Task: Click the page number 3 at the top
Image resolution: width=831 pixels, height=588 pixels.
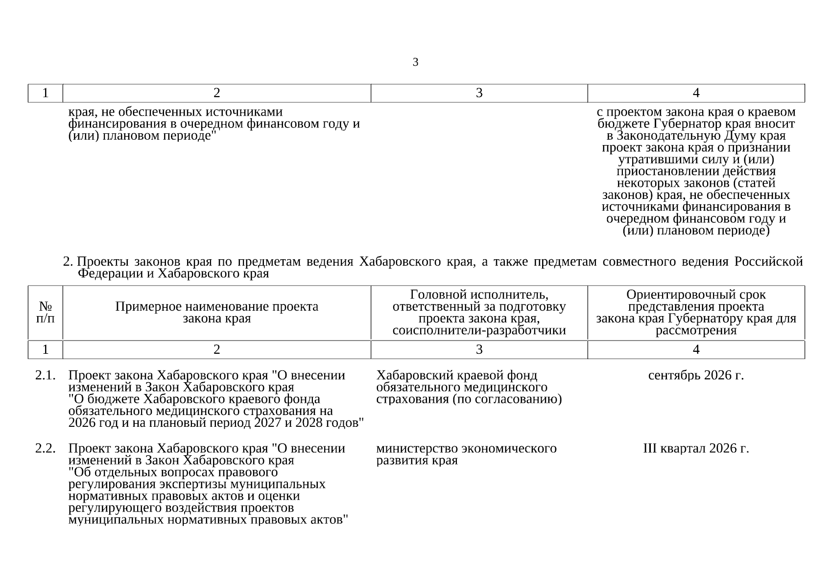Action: (x=415, y=62)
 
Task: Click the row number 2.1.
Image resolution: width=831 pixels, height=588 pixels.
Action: (x=45, y=375)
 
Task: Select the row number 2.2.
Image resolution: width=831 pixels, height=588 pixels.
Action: (x=45, y=448)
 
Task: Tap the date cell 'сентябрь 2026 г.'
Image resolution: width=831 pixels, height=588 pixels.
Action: (x=696, y=375)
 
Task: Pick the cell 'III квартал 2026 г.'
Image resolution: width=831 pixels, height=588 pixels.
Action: (x=696, y=448)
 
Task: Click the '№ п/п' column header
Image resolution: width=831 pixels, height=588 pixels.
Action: (x=46, y=312)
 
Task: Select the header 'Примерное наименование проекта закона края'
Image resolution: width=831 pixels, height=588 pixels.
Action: (x=216, y=312)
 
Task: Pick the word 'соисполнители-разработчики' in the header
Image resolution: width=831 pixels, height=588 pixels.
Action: (x=479, y=330)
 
